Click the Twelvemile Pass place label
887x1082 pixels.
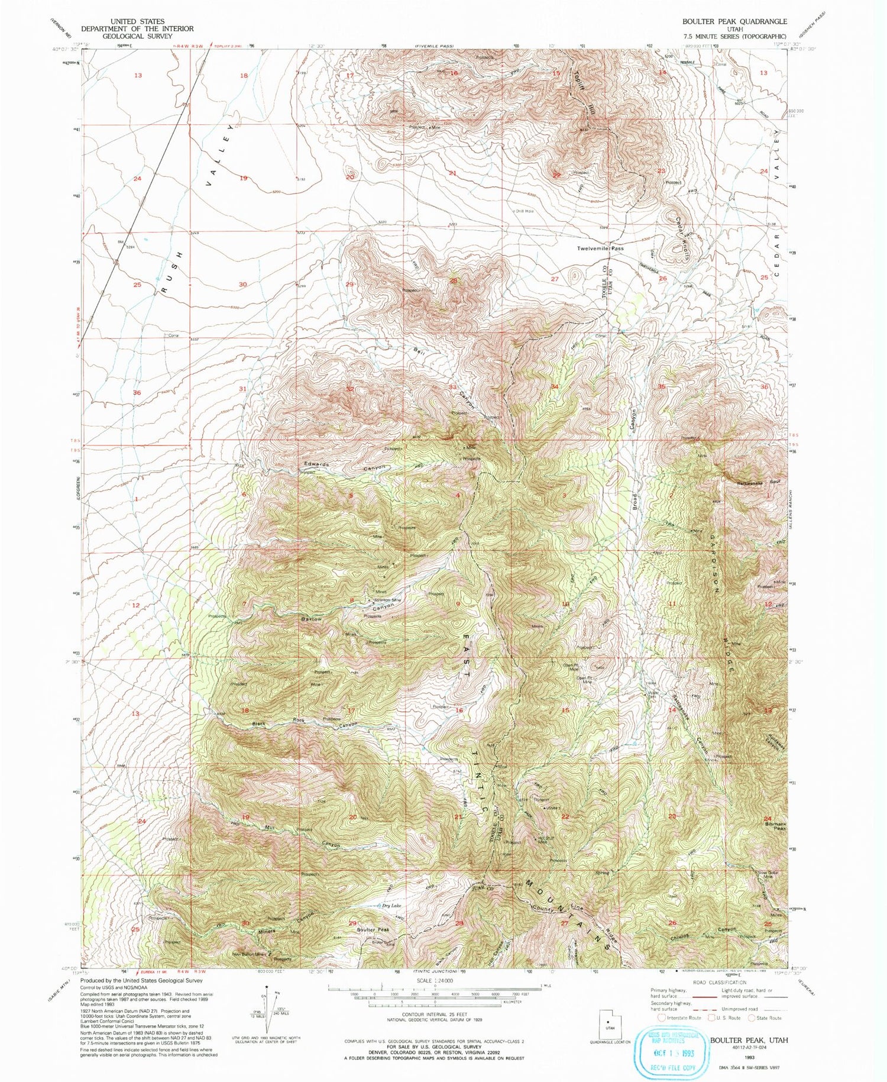(600, 248)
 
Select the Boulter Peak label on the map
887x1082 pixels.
(373, 930)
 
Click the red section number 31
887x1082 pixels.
(242, 389)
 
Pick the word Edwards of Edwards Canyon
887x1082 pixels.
(316, 464)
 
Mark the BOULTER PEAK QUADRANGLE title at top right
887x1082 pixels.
(734, 21)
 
